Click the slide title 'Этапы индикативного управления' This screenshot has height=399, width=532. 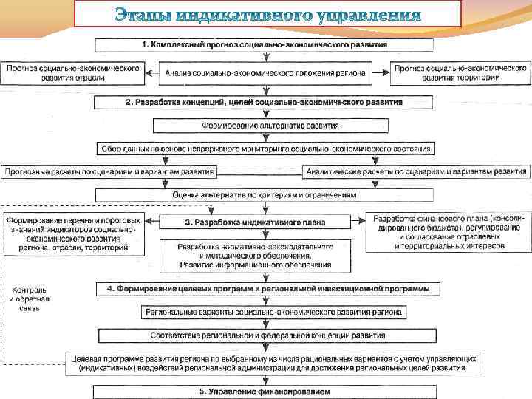[x=267, y=14]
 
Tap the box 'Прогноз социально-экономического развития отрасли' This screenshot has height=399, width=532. [x=72, y=72]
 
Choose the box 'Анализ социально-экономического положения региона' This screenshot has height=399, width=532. [x=265, y=72]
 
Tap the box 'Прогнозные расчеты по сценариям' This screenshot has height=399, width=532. [x=109, y=171]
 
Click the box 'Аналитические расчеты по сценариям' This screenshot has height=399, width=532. [x=417, y=171]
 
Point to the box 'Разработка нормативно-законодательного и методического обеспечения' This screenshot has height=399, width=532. [x=256, y=254]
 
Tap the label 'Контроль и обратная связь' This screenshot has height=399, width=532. [x=30, y=297]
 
